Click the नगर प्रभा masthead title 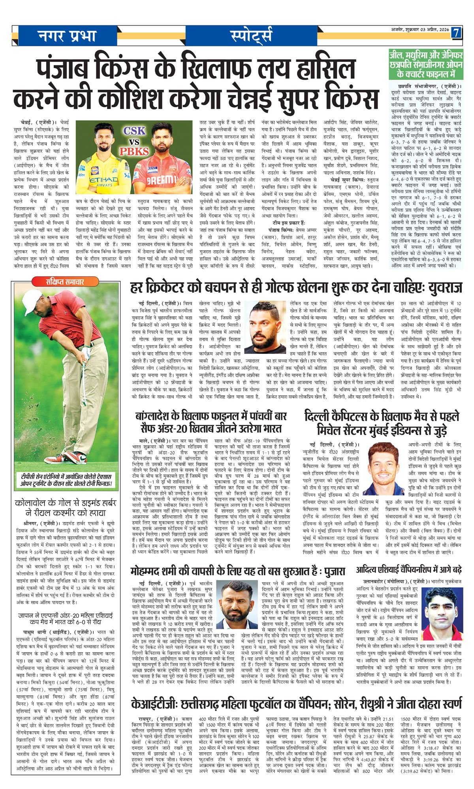(x=67, y=36)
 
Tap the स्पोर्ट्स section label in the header (x=251, y=36)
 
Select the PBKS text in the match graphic (x=134, y=151)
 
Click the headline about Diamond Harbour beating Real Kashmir (x=66, y=507)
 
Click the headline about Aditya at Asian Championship (x=409, y=570)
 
